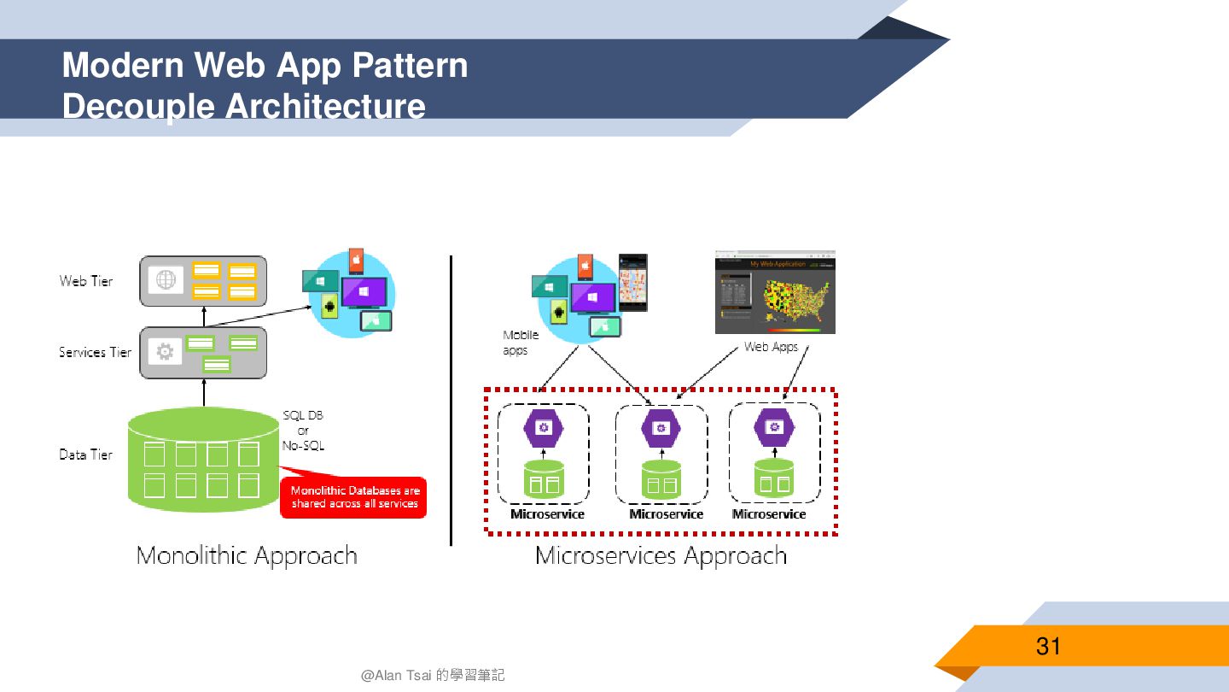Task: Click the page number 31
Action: (1048, 646)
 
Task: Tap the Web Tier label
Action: (86, 281)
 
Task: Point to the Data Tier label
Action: (86, 454)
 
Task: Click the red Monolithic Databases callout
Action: (354, 497)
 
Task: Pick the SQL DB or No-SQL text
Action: (303, 431)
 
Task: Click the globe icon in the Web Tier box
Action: (166, 280)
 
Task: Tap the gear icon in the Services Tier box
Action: (166, 351)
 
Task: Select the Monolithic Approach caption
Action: (247, 556)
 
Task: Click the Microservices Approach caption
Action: (661, 556)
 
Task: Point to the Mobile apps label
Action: (521, 343)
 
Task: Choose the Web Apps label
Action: (771, 347)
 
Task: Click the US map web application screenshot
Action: (775, 291)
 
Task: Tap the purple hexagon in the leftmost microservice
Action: (543, 427)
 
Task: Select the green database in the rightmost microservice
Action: (774, 479)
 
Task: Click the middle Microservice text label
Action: (666, 514)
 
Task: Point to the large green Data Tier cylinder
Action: (204, 461)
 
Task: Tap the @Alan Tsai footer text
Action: (433, 675)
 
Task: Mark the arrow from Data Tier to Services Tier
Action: (203, 393)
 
